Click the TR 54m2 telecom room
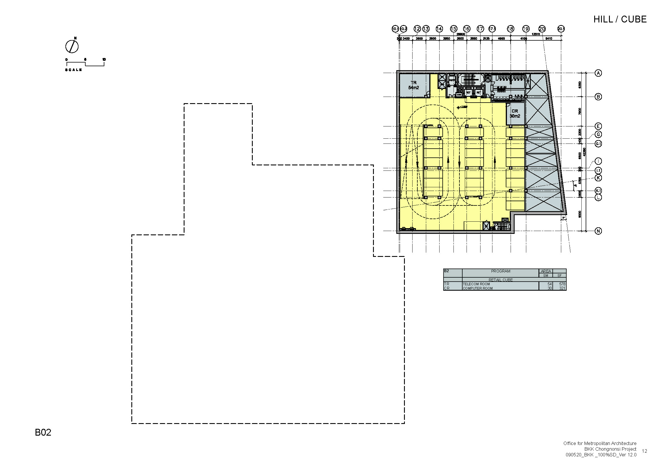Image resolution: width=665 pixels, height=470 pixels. click(413, 85)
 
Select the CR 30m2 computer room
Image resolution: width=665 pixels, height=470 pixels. click(515, 113)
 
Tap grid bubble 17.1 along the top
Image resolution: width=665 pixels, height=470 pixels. click(492, 29)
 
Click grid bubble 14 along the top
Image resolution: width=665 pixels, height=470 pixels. click(439, 29)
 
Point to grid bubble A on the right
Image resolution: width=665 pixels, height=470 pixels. click(598, 73)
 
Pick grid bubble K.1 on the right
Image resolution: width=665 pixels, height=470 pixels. click(598, 190)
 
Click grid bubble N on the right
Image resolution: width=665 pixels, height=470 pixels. click(598, 231)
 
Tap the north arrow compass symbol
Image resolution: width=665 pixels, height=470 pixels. click(72, 46)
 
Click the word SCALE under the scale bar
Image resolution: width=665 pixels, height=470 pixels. click(74, 70)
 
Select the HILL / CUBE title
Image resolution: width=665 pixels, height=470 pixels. click(620, 19)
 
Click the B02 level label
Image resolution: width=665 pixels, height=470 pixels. click(43, 432)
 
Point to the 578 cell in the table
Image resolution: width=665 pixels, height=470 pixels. click(562, 284)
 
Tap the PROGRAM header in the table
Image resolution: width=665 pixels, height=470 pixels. click(500, 271)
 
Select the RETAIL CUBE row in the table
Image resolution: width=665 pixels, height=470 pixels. click(500, 280)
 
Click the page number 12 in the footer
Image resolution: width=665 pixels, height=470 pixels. click(645, 451)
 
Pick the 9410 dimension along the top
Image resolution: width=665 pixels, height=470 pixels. click(548, 38)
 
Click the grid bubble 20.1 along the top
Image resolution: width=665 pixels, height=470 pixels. click(561, 29)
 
